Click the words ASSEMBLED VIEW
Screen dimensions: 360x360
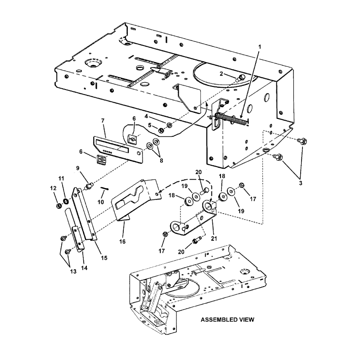point(228,319)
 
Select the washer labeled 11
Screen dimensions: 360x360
point(66,201)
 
